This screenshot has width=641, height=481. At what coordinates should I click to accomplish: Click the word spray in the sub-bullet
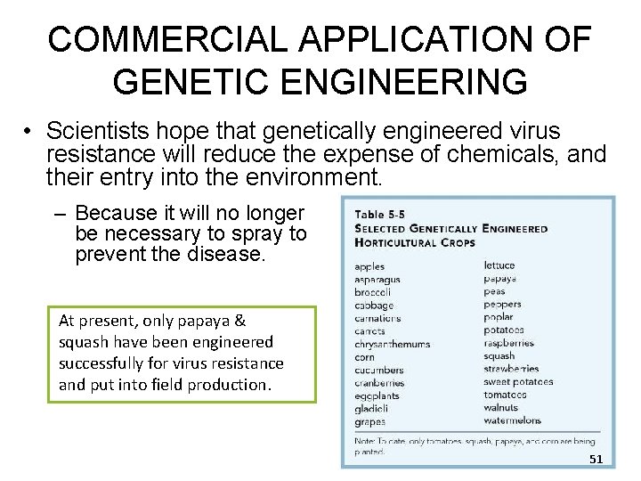pos(235,234)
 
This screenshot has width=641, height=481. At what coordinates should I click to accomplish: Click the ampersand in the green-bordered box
pos(240,320)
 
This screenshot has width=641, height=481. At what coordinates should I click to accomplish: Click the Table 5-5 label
pos(382,215)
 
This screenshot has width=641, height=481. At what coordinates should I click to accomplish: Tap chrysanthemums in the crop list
pos(392,344)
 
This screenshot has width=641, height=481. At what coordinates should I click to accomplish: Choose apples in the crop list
pos(369,266)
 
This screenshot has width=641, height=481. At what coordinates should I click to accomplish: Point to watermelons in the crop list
pos(513,420)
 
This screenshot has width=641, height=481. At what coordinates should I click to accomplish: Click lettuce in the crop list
pos(499,265)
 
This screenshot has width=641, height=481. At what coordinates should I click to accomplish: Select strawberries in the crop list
pos(512,369)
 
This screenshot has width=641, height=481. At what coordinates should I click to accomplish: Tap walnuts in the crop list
pos(501,408)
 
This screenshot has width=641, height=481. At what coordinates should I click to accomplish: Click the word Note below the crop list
pos(365,441)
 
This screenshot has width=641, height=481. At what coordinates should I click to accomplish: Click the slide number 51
pos(596,458)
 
